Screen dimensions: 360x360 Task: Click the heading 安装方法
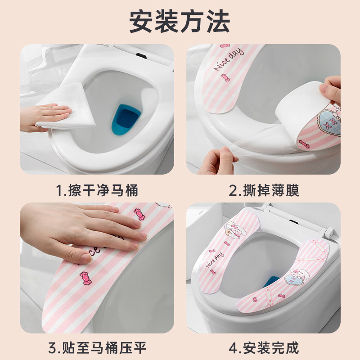point(180,22)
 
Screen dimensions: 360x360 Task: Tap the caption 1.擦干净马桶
point(97,190)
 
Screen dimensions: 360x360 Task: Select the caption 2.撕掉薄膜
point(264,190)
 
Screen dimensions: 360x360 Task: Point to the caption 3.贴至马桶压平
point(97,348)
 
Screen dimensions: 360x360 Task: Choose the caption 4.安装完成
point(264,348)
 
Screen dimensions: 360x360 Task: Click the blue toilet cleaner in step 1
point(126,119)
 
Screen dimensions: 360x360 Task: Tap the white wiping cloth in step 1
point(67,107)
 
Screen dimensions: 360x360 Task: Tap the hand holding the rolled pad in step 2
point(331,90)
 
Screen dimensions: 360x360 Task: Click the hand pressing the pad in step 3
point(83,232)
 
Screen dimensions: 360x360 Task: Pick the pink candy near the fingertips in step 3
point(139,214)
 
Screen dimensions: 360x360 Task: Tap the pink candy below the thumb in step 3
point(85,278)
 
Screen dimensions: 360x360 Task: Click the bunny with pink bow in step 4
point(234,229)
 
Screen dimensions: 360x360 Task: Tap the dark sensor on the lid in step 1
point(141,56)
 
